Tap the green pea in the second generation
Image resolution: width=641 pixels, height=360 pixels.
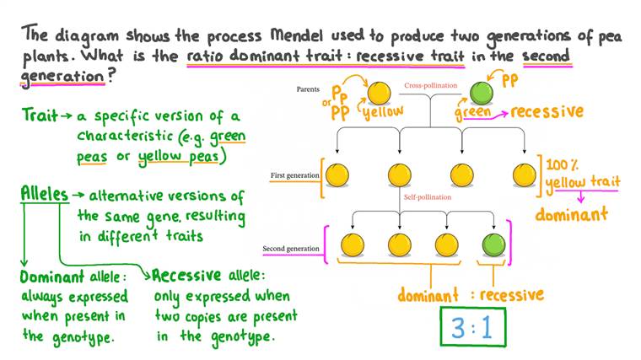pyautogui.click(x=492, y=246)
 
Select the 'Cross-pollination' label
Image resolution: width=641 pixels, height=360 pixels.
pyautogui.click(x=430, y=86)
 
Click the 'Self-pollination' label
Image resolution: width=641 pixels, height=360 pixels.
pyautogui.click(x=428, y=197)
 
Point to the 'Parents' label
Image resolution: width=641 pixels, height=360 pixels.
pyautogui.click(x=313, y=89)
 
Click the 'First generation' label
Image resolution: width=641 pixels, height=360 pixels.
pyautogui.click(x=294, y=175)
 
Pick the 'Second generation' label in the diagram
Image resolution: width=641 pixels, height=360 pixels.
pyautogui.click(x=290, y=249)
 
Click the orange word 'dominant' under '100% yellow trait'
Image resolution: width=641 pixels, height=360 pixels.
pyautogui.click(x=571, y=213)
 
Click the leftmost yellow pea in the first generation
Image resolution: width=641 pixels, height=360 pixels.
pyautogui.click(x=337, y=175)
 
